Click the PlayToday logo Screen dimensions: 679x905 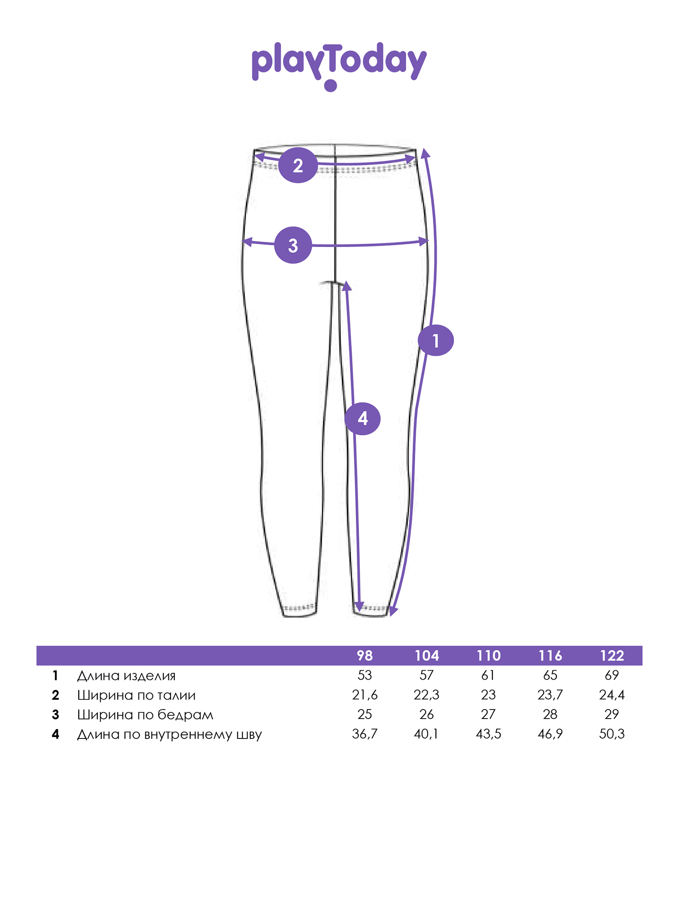point(339,66)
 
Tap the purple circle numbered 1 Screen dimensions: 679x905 point(435,340)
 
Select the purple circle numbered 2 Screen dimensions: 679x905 point(297,165)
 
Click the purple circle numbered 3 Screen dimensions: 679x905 point(293,245)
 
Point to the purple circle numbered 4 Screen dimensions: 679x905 point(363,419)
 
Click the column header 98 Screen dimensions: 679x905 point(365,656)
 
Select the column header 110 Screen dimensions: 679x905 point(488,656)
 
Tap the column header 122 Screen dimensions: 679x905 point(612,656)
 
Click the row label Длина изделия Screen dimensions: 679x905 point(126,676)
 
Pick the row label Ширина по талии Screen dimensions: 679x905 point(136,695)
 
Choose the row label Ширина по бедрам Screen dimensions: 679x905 point(145,715)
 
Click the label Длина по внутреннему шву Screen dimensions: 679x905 point(169,734)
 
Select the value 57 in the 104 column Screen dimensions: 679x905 point(426,676)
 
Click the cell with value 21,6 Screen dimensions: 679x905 point(365,695)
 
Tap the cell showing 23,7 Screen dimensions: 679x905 point(550,695)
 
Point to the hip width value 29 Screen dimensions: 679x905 point(612,714)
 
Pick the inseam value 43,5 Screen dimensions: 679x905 point(488,734)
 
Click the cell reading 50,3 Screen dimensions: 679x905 point(612,734)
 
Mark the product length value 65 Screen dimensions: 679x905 point(550,676)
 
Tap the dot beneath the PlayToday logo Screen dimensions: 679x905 point(331,86)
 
